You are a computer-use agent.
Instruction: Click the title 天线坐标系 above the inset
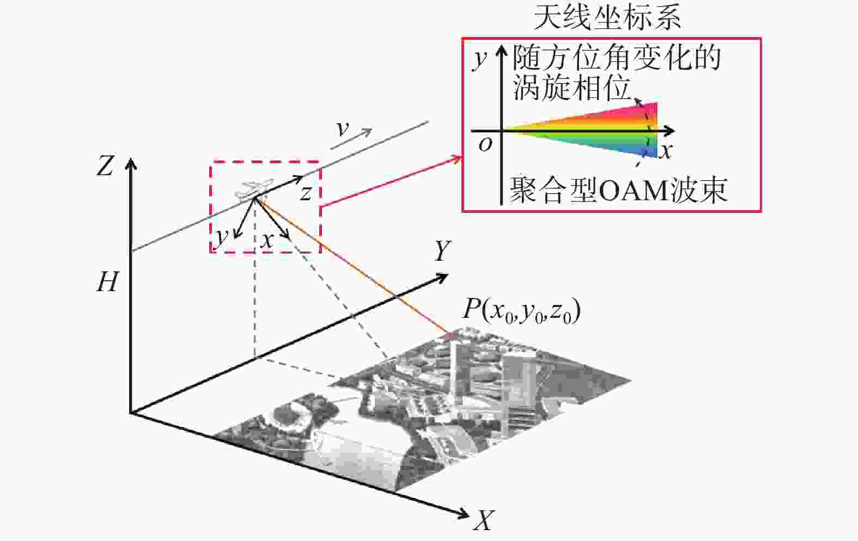(607, 18)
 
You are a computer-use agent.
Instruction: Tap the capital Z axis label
(105, 167)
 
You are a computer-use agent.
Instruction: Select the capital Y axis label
(442, 250)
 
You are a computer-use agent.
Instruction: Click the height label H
(107, 282)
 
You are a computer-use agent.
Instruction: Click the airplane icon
(255, 190)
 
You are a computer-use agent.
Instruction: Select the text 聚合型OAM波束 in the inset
(618, 190)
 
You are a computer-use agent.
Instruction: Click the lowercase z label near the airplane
(306, 193)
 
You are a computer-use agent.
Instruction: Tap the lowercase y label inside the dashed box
(221, 237)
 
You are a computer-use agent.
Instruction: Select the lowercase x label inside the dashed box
(267, 241)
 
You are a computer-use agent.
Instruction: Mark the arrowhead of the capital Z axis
(131, 163)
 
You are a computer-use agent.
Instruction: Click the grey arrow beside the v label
(351, 138)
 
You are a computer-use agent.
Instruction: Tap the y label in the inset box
(479, 60)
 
